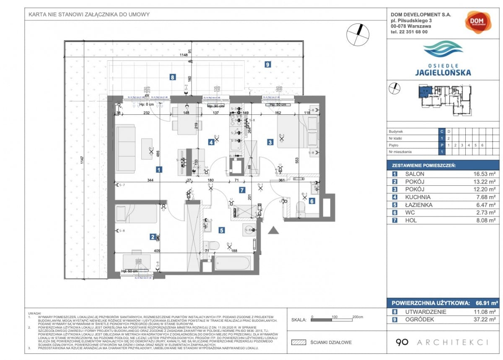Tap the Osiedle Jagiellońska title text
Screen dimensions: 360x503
tap(443, 70)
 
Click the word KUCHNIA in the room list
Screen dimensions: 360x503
tap(418, 197)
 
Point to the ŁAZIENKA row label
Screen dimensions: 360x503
tap(420, 205)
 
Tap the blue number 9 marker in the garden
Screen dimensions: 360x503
tap(267, 65)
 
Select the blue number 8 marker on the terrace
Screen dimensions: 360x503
tap(172, 77)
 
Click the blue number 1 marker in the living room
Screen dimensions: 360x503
tap(158, 170)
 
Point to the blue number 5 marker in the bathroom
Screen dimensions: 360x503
tap(221, 230)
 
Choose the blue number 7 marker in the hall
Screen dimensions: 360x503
tap(242, 190)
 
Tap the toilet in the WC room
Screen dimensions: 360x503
tap(301, 208)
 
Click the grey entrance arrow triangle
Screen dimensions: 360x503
tap(274, 230)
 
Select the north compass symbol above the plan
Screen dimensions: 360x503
tap(358, 34)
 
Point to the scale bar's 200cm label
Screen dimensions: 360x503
tap(358, 317)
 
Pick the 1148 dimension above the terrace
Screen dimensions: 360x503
tap(184, 55)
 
